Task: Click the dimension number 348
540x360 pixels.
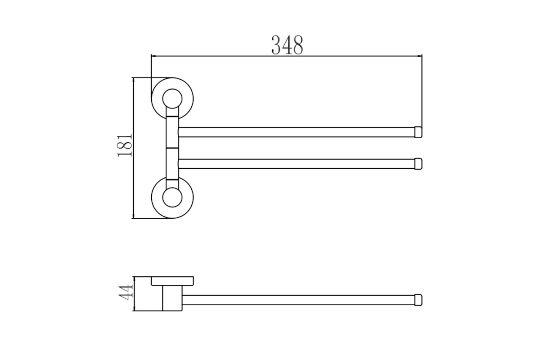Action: point(287,45)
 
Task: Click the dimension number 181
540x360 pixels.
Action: point(125,145)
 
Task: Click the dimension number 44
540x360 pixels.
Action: point(126,292)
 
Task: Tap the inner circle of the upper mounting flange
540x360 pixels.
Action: point(172,99)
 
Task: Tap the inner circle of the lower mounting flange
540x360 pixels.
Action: point(172,198)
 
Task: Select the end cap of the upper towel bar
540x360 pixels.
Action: point(418,132)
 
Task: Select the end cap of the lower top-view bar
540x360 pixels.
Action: point(418,164)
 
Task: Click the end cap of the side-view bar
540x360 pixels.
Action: point(418,300)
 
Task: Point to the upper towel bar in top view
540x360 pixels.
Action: point(297,132)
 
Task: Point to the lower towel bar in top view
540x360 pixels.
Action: point(297,164)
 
